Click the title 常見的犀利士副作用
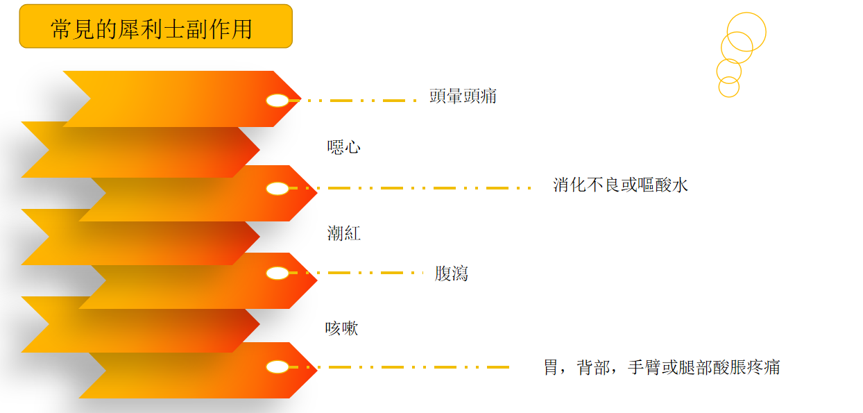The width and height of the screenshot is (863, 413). pos(151,28)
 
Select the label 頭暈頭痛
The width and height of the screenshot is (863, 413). pos(463,96)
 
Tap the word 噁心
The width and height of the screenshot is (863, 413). pos(344,147)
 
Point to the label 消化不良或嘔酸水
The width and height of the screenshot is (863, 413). pos(620,185)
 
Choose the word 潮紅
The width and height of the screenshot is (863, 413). pos(344,233)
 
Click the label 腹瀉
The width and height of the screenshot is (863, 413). pos(452,273)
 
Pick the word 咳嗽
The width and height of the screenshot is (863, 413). pos(342,328)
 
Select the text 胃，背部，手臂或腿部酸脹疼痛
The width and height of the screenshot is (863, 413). pos(661,367)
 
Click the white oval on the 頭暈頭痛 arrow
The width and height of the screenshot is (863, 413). pos(277,101)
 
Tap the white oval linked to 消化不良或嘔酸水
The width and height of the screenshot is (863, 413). pos(277,188)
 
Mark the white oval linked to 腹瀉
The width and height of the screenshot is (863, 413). pos(277,273)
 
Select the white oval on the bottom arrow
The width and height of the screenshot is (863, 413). pos(277,367)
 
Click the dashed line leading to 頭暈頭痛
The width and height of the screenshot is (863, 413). pos(354,101)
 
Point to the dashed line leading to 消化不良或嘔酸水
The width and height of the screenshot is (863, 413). pos(409,188)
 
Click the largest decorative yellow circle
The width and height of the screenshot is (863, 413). pos(746,32)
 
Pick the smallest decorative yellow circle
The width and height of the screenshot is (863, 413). pos(728,87)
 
